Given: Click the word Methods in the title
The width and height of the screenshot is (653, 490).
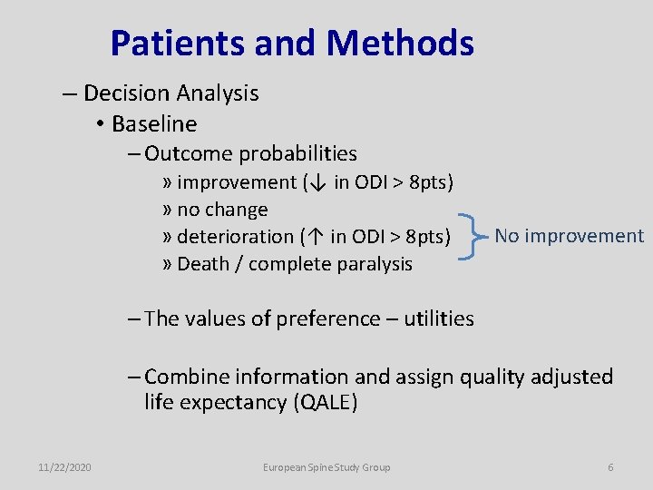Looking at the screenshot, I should [x=400, y=43].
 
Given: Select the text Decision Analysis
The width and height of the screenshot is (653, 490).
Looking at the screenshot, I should [x=171, y=93].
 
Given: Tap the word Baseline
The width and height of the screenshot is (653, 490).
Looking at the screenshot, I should [x=153, y=123].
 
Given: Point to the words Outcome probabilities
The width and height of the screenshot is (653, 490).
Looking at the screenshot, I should [x=250, y=154].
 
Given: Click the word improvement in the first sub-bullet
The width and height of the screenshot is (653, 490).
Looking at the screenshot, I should [x=237, y=182].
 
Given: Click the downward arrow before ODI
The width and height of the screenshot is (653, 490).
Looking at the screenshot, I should [x=317, y=183].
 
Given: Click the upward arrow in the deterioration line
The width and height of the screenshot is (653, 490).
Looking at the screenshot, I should [x=313, y=238].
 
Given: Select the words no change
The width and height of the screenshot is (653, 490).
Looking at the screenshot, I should [x=222, y=210].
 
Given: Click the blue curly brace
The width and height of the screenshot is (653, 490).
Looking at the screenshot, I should [x=470, y=237].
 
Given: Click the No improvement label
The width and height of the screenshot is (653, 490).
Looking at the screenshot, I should [x=569, y=236].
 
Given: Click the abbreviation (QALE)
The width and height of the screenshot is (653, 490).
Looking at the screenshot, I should [x=325, y=403].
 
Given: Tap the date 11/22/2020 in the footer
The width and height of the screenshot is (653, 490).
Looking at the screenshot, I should [x=64, y=467].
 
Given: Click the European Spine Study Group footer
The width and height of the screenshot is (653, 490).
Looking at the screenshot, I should [x=326, y=467].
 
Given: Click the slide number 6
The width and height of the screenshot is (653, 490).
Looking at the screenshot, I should [x=610, y=467].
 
